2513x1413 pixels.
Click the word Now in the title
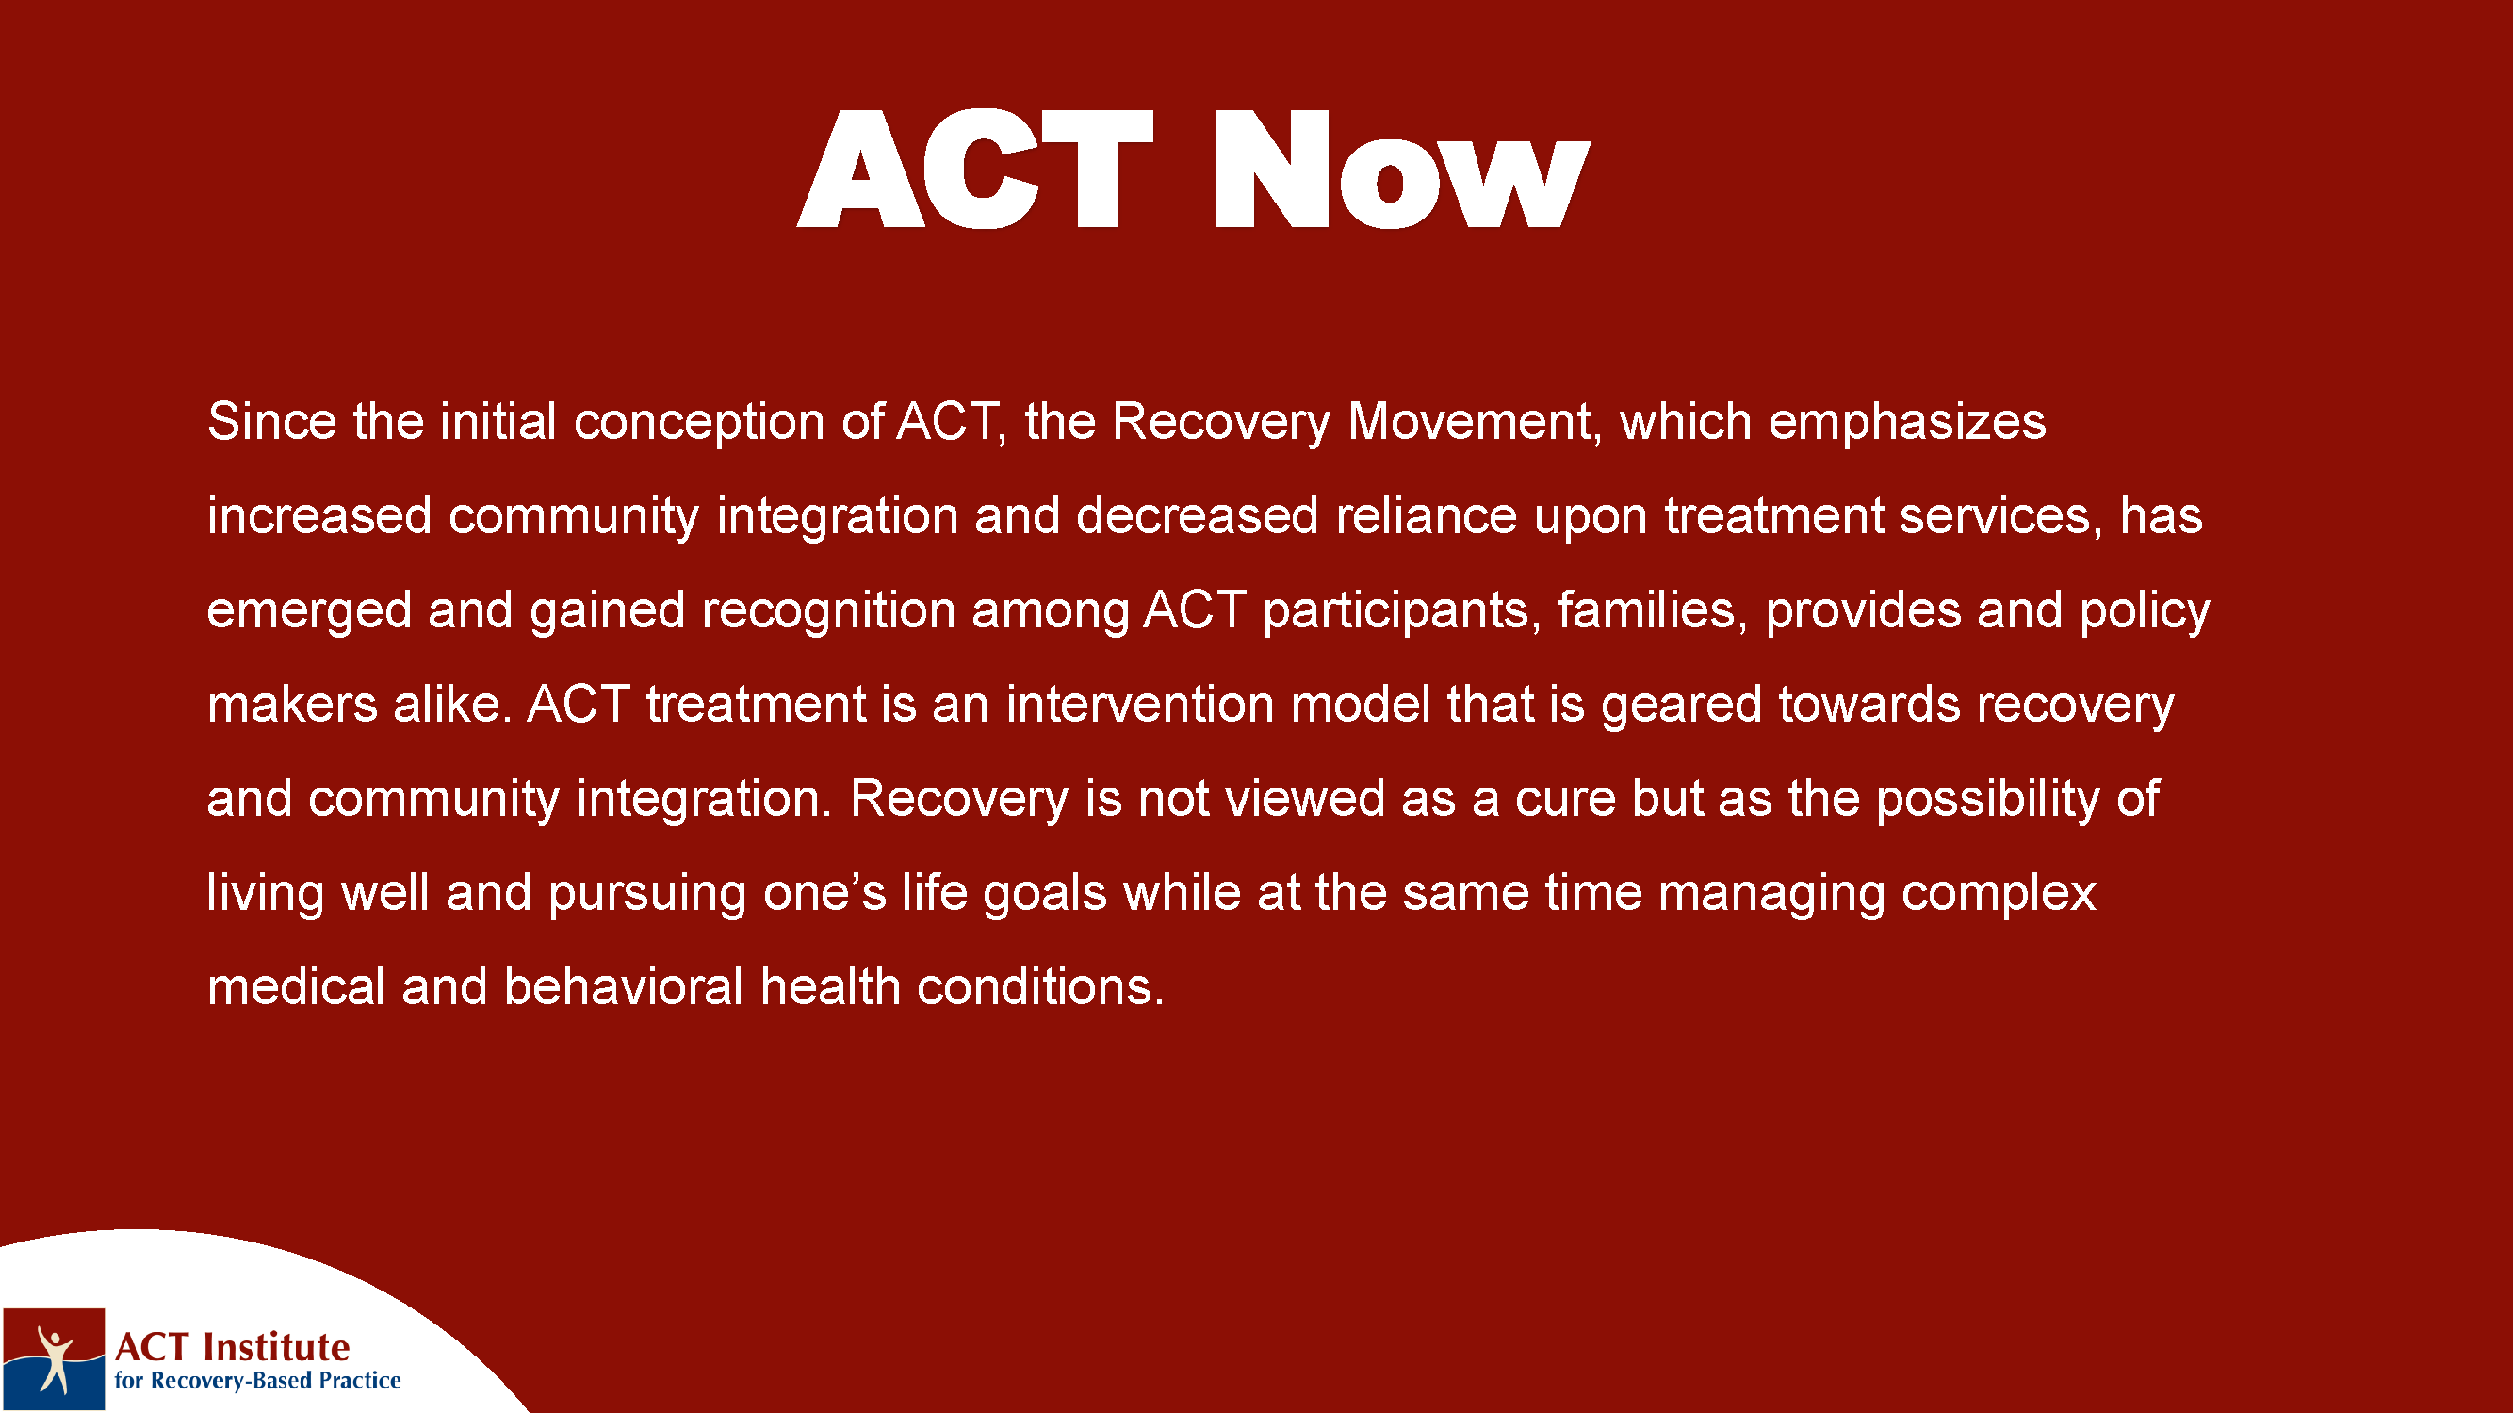point(1402,169)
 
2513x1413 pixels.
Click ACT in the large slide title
point(975,169)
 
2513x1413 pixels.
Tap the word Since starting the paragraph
point(272,421)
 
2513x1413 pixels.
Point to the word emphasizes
point(1907,423)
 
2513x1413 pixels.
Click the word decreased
point(1197,515)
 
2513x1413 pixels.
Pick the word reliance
point(1427,515)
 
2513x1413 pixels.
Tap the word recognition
point(828,611)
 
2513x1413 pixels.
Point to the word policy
point(2145,611)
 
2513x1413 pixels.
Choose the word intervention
point(1139,703)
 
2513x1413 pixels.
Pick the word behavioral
point(625,986)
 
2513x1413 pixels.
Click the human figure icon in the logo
point(54,1357)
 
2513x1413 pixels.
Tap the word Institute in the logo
point(276,1347)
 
